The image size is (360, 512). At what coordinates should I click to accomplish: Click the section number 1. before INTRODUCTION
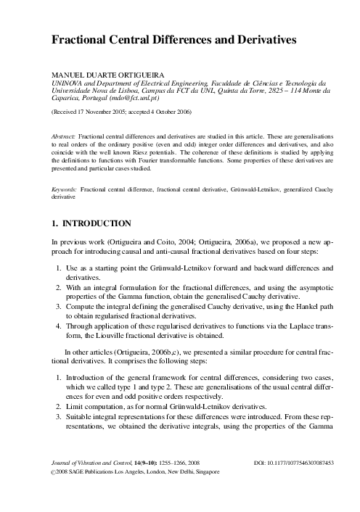(55, 223)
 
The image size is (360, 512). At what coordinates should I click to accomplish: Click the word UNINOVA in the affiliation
(65, 83)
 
